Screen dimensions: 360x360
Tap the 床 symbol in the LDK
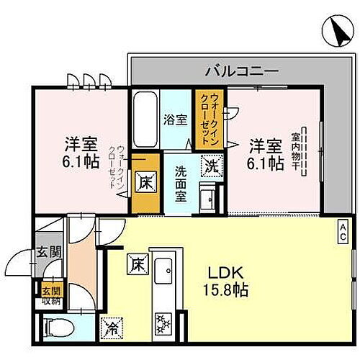[135, 264]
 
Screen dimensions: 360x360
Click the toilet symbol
[59, 327]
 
